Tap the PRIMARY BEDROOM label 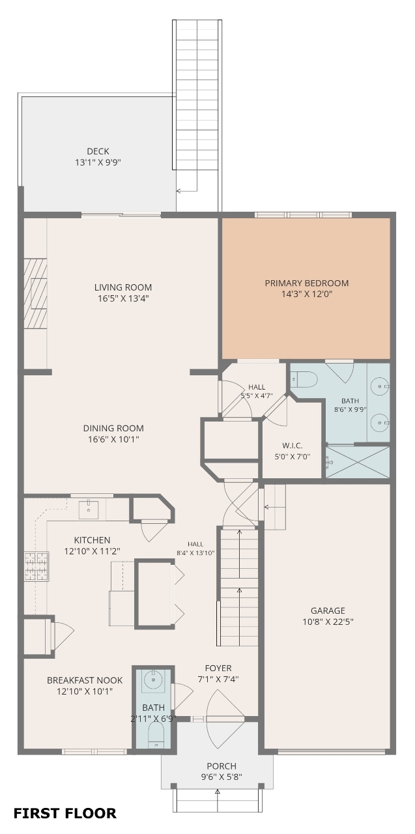coord(307,283)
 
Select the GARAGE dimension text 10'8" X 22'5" coord(328,622)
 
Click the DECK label coord(98,151)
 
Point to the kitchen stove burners coord(36,566)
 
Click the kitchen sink coord(89,510)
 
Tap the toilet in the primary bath coord(304,380)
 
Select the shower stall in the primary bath coord(358,462)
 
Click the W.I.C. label coord(292,445)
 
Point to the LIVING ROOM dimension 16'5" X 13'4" coord(124,298)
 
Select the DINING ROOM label coord(113,428)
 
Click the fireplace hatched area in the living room coord(36,293)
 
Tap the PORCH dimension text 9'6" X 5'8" coord(222,777)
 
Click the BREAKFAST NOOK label coord(85,680)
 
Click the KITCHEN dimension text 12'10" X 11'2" coord(93,551)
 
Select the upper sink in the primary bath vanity coord(380,386)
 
